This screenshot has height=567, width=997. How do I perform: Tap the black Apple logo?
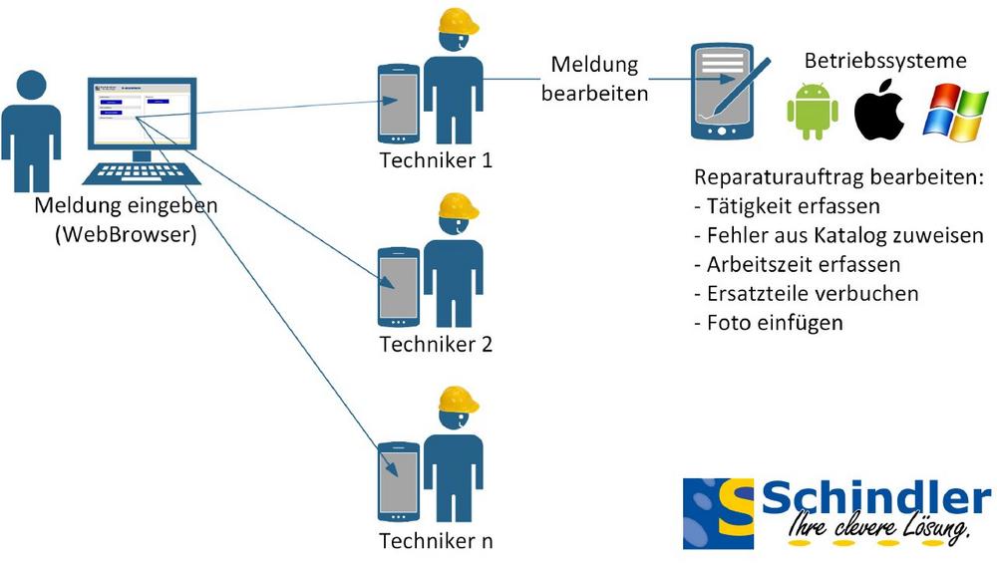879,110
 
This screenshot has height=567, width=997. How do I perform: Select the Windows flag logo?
954,110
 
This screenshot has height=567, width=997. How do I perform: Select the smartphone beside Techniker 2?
399,287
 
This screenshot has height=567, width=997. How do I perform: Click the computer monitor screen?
141,110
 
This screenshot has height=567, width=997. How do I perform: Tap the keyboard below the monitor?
137,171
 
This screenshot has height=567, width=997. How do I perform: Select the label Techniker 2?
436,345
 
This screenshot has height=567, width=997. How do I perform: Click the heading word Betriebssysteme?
885,61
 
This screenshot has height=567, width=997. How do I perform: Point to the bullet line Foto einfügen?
768,323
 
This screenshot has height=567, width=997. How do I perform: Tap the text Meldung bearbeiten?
595,80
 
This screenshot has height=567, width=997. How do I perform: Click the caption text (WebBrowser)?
127,235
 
